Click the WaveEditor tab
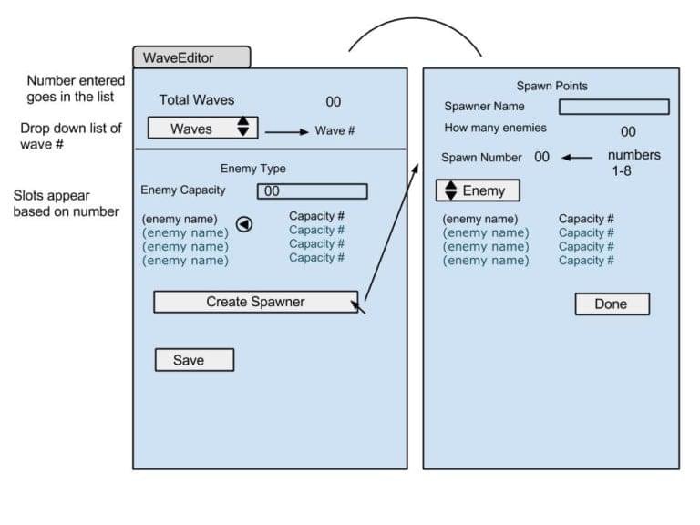[x=190, y=57]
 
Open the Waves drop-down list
[x=202, y=129]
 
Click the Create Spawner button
[x=255, y=302]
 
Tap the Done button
[x=612, y=304]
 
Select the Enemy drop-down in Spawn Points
[x=477, y=190]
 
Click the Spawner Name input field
[x=613, y=107]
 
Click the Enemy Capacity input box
[x=313, y=191]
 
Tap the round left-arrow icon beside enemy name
[x=244, y=224]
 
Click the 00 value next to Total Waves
[x=333, y=102]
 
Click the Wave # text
[x=335, y=130]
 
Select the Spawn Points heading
[x=552, y=86]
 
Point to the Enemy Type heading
[x=253, y=169]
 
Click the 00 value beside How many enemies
[x=628, y=132]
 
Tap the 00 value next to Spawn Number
[x=541, y=157]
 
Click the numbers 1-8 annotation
[x=633, y=162]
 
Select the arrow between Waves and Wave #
[x=286, y=131]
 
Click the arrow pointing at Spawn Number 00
[x=576, y=157]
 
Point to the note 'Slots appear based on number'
[x=66, y=203]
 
